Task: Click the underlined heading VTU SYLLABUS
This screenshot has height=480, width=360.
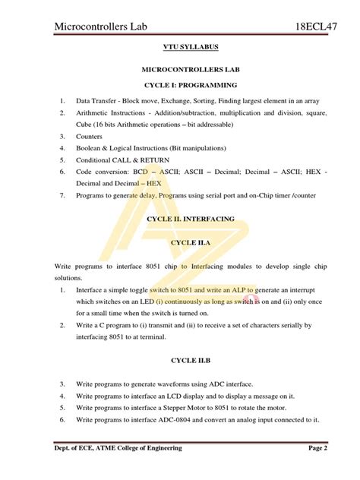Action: [x=180, y=47]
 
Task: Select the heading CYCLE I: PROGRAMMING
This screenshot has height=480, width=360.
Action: [x=180, y=84]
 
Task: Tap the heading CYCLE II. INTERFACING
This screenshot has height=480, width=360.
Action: [x=180, y=219]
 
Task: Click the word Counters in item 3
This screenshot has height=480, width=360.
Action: [x=90, y=137]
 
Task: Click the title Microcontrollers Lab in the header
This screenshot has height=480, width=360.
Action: [x=107, y=27]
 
